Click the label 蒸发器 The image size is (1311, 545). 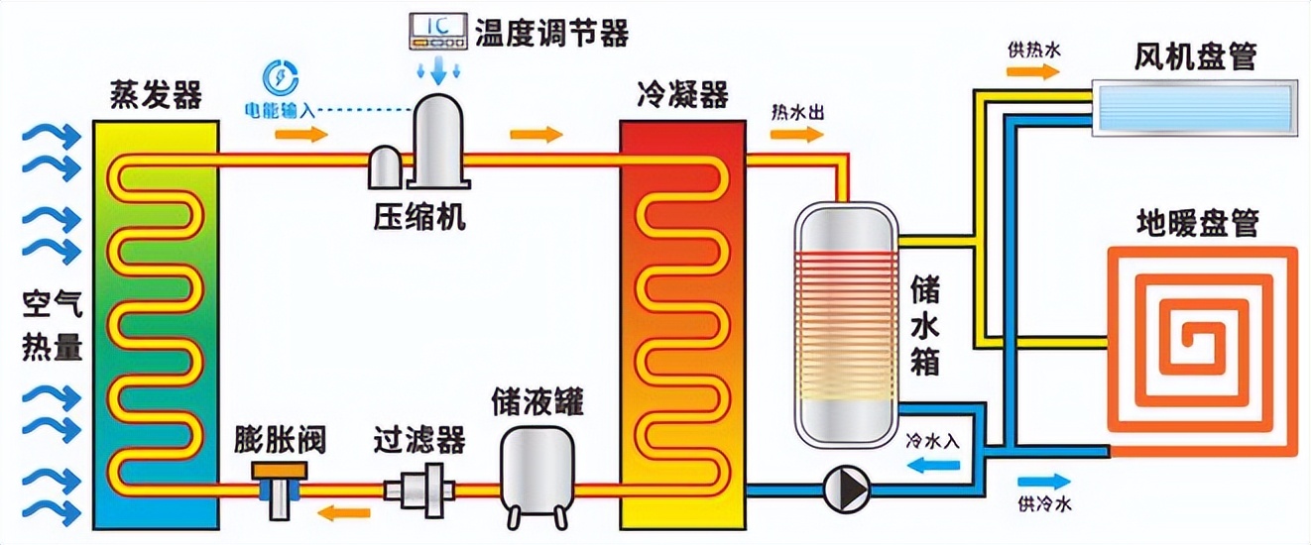[x=157, y=96]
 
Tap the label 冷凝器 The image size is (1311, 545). [x=682, y=96]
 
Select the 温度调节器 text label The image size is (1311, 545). [x=552, y=34]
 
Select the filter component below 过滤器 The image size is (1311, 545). [x=418, y=488]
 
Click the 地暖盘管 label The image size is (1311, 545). [x=1196, y=225]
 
